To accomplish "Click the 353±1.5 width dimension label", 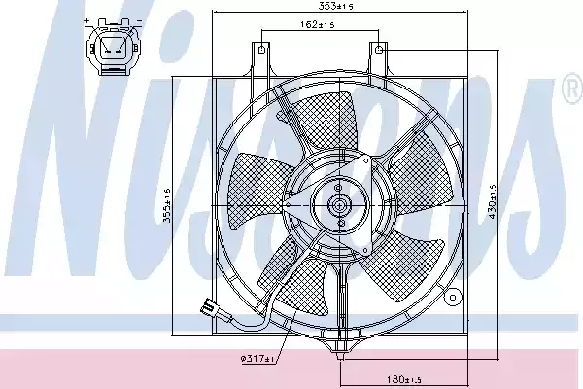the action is click(335, 6).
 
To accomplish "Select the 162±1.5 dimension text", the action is click(317, 25).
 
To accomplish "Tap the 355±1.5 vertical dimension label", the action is click(167, 205).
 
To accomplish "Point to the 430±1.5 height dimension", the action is click(493, 201).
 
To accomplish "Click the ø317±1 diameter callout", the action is click(257, 359).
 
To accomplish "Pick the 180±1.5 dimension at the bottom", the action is click(403, 379).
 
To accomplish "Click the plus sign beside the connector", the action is click(87, 20).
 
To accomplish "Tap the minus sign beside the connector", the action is click(139, 20).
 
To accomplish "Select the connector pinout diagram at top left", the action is click(113, 48).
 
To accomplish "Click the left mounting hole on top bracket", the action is click(261, 50).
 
